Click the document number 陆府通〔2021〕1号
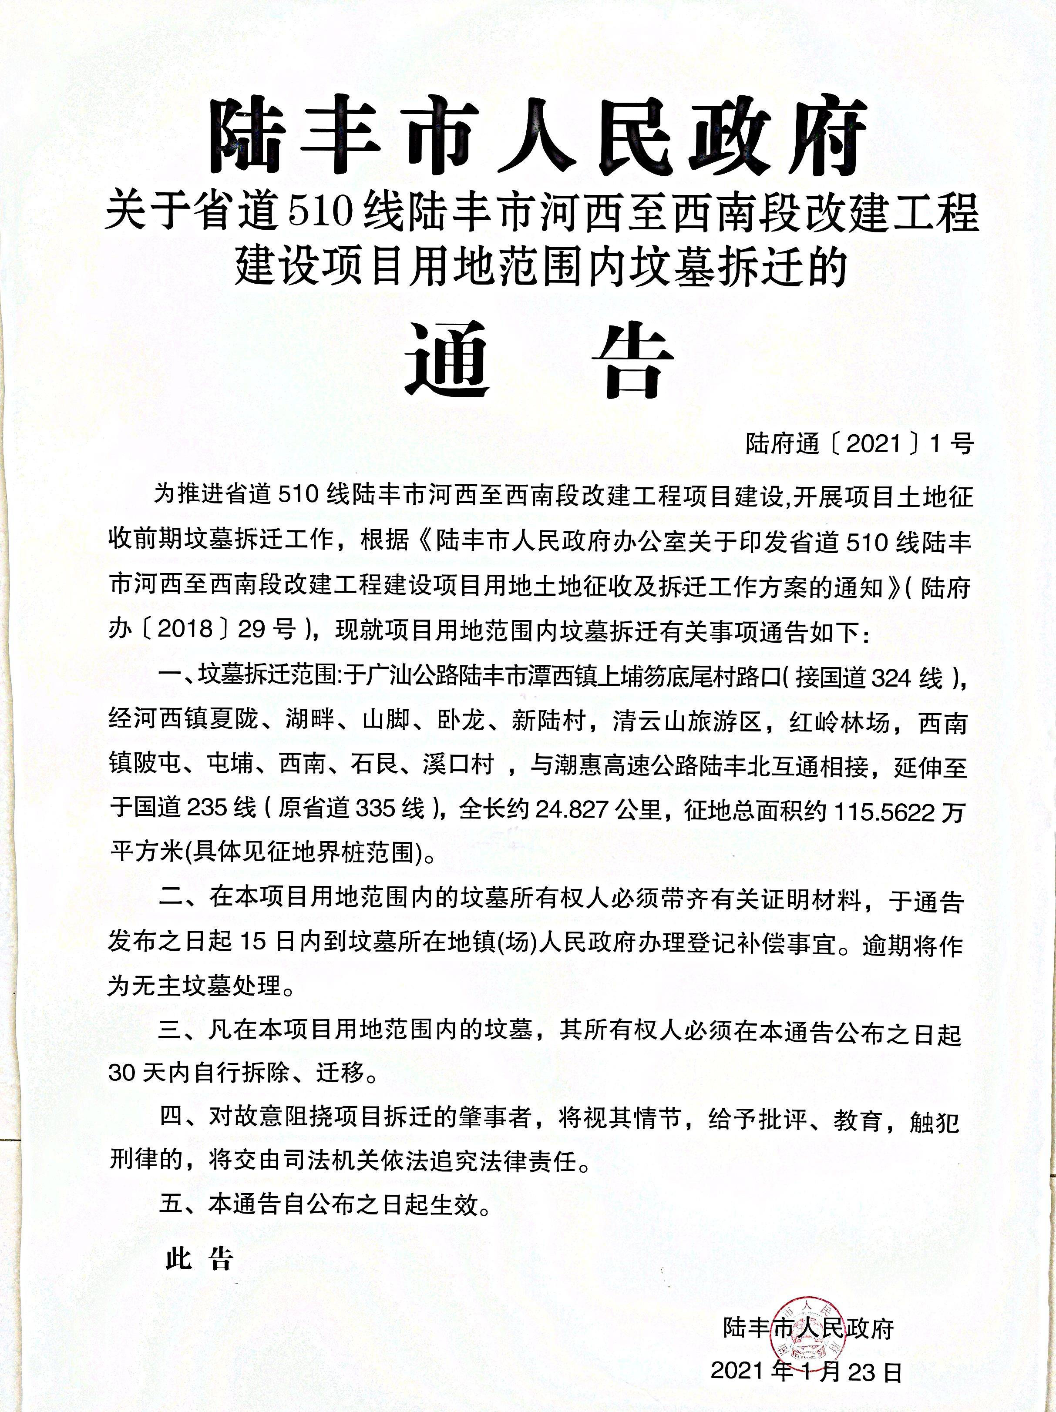click(x=859, y=443)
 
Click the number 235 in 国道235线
click(x=208, y=809)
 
